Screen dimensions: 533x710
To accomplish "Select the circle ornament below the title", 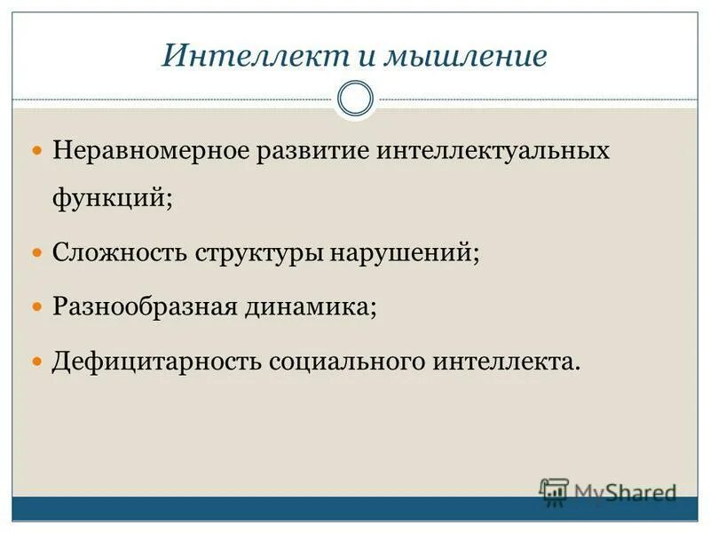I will pos(355,99).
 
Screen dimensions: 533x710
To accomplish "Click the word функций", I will pos(110,197).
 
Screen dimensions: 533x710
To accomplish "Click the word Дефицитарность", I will pos(156,362).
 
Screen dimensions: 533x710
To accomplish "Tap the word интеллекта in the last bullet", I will pos(506,362).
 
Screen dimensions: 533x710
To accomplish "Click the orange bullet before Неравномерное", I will pos(37,150).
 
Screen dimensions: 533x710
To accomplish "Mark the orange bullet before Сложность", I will pos(37,253).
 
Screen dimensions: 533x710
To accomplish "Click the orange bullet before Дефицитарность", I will pos(37,362).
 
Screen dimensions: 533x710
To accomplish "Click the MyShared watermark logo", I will pos(608,491).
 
